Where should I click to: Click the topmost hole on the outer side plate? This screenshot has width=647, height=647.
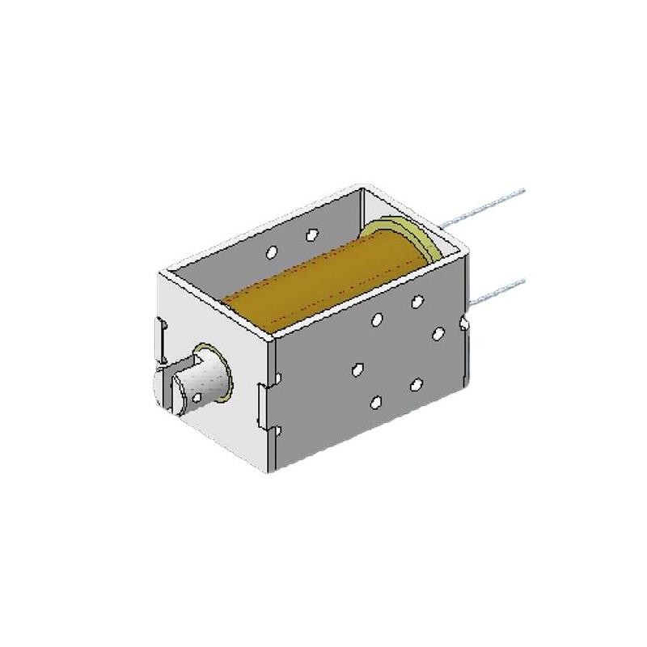pos(417,302)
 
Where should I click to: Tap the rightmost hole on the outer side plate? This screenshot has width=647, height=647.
pos(439,333)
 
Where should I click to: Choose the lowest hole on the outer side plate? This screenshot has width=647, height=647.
pos(377,402)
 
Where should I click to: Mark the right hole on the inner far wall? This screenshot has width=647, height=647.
pos(311,235)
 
